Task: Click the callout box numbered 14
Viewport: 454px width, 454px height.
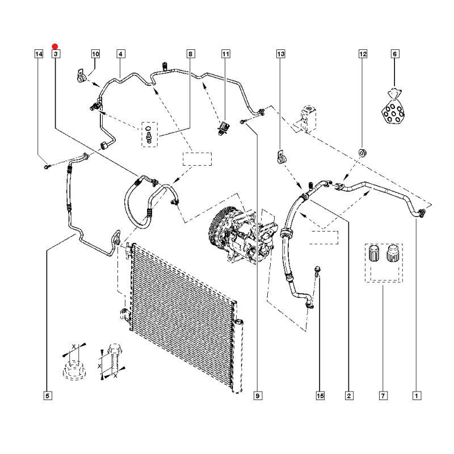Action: [x=39, y=54]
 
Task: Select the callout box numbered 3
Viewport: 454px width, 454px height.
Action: [x=56, y=54]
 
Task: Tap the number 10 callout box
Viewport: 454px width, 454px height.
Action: [x=95, y=54]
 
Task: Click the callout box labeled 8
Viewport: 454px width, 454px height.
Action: [x=190, y=54]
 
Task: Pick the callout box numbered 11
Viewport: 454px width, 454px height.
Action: [x=226, y=54]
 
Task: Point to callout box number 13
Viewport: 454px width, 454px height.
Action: [x=281, y=54]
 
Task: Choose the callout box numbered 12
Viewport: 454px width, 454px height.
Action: [x=363, y=54]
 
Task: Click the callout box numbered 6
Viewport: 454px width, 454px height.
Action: [x=394, y=54]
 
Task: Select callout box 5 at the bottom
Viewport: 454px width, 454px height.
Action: [x=48, y=396]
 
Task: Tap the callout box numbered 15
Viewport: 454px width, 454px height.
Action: [x=320, y=396]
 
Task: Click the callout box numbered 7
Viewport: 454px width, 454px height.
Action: [x=383, y=396]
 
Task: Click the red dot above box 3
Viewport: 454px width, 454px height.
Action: [x=55, y=47]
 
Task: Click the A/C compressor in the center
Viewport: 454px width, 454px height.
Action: [x=242, y=234]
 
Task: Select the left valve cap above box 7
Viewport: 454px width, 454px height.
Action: [x=374, y=253]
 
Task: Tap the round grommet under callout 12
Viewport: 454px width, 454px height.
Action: [x=362, y=152]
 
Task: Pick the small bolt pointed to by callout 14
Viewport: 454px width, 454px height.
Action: [x=48, y=166]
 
